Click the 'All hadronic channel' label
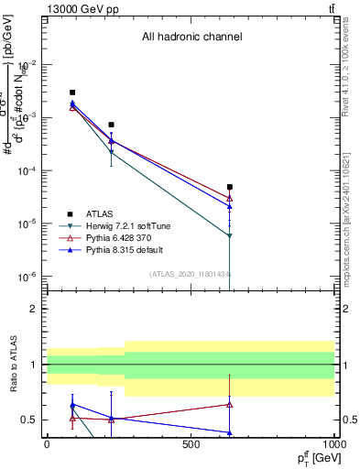(191, 38)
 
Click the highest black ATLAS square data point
(72, 93)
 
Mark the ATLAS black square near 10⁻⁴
(111, 125)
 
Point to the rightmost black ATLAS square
(230, 187)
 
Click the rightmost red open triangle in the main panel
(230, 198)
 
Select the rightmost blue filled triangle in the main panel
(230, 207)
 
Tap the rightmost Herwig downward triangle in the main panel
(230, 236)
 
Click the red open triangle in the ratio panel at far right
(230, 404)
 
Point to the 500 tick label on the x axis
(191, 444)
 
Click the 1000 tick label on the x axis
(334, 444)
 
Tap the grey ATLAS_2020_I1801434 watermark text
(190, 274)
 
